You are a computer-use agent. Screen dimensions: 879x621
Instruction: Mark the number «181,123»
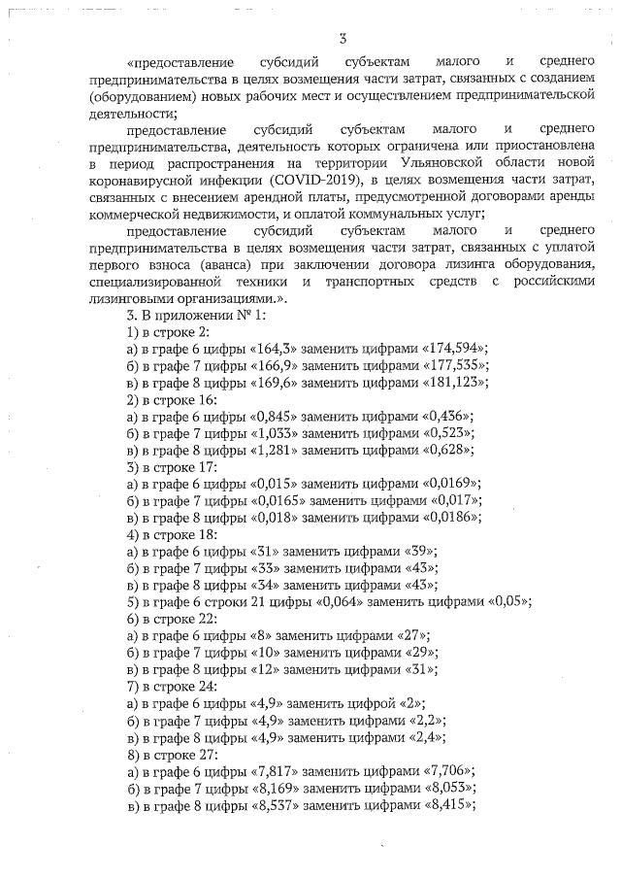click(452, 382)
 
